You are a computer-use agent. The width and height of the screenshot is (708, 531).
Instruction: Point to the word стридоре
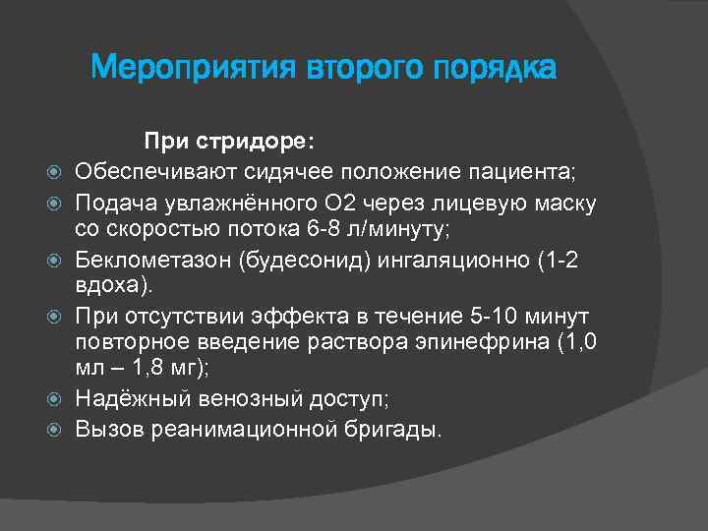click(x=257, y=143)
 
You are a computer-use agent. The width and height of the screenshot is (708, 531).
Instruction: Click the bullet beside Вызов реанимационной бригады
click(x=56, y=430)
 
